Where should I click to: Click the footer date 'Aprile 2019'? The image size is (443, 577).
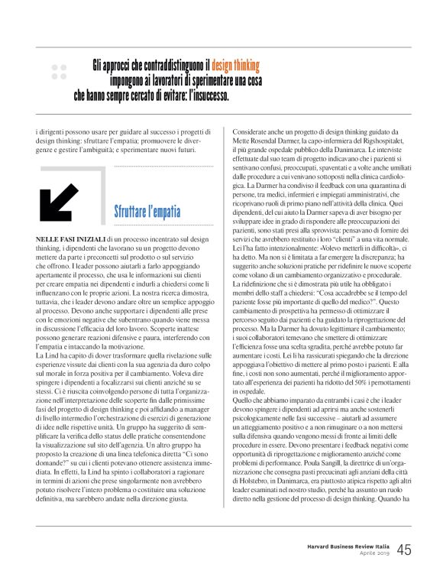(372, 556)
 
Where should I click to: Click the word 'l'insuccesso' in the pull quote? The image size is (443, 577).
(203, 98)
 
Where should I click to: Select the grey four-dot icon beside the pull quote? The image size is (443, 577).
(59, 73)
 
